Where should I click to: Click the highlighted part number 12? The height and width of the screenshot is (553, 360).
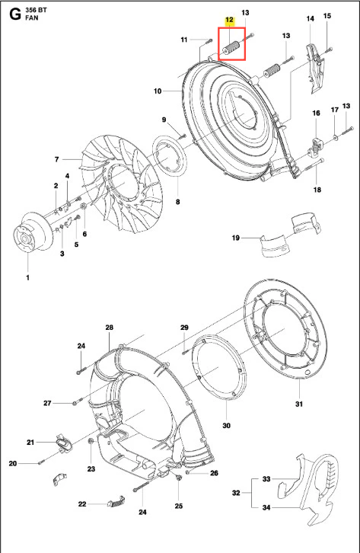pyautogui.click(x=229, y=20)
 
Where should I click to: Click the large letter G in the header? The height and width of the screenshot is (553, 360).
pyautogui.click(x=15, y=14)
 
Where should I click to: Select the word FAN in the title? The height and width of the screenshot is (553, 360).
pyautogui.click(x=32, y=18)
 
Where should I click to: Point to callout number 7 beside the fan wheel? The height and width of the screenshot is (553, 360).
pyautogui.click(x=57, y=159)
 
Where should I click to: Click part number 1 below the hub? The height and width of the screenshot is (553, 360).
pyautogui.click(x=28, y=277)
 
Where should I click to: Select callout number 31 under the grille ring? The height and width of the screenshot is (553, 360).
pyautogui.click(x=298, y=404)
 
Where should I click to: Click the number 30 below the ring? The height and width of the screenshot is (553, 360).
pyautogui.click(x=227, y=426)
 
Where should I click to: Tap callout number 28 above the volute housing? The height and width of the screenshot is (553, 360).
pyautogui.click(x=110, y=328)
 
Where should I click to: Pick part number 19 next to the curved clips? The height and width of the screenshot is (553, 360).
pyautogui.click(x=236, y=238)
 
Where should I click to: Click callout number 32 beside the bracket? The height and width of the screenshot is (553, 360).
pyautogui.click(x=236, y=493)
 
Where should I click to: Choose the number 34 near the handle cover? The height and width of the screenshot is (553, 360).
pyautogui.click(x=266, y=507)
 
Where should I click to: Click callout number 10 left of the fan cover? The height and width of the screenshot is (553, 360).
pyautogui.click(x=158, y=91)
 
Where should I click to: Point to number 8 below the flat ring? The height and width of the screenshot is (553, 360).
pyautogui.click(x=177, y=202)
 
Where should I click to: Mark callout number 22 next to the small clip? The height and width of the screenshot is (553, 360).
pyautogui.click(x=82, y=504)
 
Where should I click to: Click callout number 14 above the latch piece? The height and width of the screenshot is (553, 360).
pyautogui.click(x=310, y=18)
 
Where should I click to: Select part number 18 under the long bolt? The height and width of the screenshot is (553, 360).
pyautogui.click(x=317, y=190)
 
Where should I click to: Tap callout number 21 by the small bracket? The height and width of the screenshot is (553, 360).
pyautogui.click(x=30, y=442)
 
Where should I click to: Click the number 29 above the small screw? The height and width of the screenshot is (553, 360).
pyautogui.click(x=184, y=328)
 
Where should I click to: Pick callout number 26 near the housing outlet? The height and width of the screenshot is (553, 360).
pyautogui.click(x=214, y=473)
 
